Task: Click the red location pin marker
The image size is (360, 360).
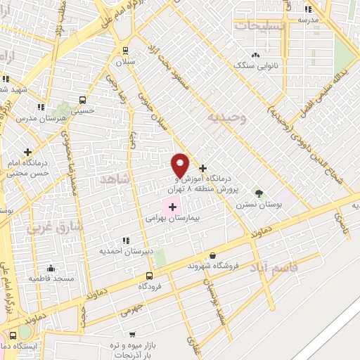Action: tap(181, 165)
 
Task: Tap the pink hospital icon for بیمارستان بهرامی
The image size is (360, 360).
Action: tap(172, 207)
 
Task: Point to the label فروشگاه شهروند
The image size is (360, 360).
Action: tap(214, 266)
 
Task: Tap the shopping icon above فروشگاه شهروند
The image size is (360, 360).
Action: tap(213, 256)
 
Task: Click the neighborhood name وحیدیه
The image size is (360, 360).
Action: tap(226, 118)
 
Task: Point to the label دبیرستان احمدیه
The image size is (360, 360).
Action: tap(124, 250)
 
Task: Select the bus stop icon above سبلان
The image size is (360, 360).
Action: tap(125, 50)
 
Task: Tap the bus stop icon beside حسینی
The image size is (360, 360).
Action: tap(82, 100)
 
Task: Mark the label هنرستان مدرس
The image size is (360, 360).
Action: tap(51, 117)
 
